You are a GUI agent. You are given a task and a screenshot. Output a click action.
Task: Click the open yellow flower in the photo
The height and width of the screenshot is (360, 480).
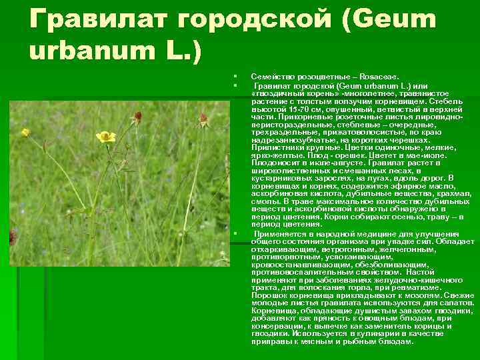point(105,137)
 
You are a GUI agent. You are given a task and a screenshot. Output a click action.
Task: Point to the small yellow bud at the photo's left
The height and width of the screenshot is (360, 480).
point(25,132)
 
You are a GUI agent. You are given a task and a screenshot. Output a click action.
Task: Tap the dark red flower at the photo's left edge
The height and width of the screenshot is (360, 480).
point(12,235)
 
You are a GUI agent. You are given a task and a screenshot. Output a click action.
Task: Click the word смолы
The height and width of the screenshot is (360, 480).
point(265,201)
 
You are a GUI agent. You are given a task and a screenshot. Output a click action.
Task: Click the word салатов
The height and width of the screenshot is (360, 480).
point(440,303)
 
